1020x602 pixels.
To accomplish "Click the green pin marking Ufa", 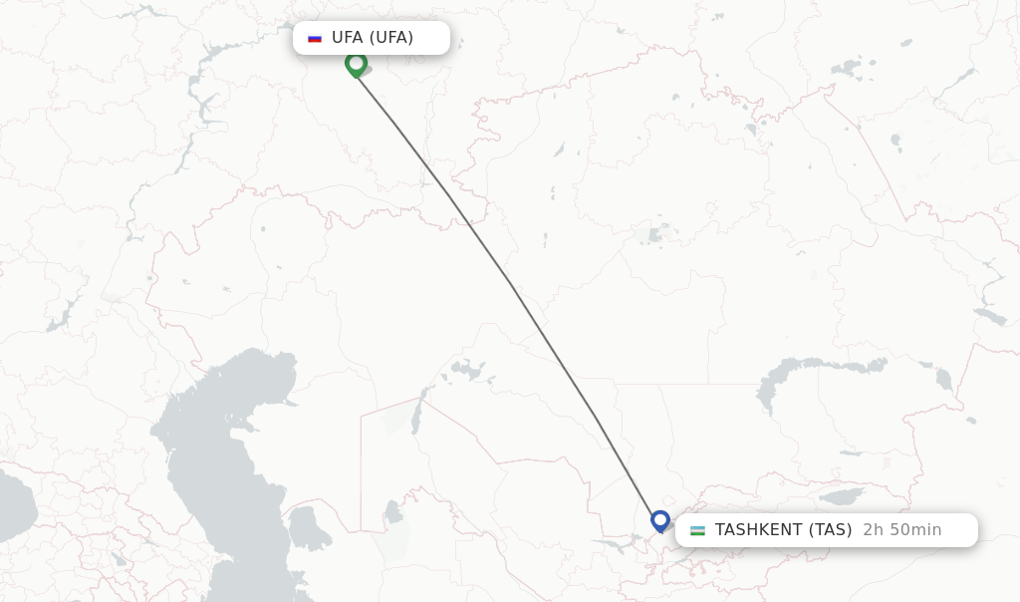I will tap(356, 64).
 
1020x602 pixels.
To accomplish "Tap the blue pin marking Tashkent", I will tap(659, 520).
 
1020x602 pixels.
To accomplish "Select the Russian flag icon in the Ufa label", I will tap(315, 38).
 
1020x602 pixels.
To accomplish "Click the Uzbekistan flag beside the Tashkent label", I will tap(697, 530).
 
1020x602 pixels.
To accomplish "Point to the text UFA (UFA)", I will tap(373, 38).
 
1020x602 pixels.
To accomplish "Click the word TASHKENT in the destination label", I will tap(759, 530).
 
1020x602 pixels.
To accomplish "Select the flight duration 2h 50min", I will tap(901, 530).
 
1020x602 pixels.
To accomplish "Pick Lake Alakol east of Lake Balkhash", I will tap(942, 380).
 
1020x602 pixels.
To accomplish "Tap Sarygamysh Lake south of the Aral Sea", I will tap(393, 514).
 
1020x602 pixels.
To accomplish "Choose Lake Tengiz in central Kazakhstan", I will tap(656, 235).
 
